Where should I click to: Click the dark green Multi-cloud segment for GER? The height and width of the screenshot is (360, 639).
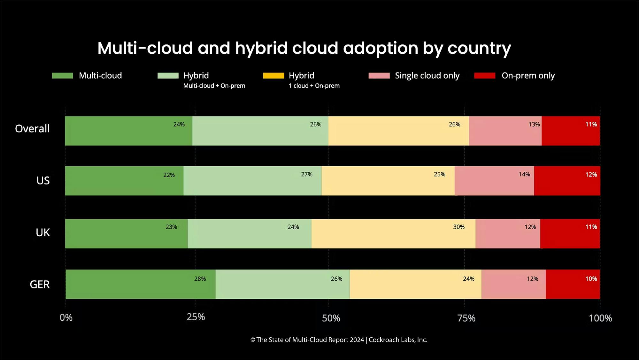click(x=141, y=284)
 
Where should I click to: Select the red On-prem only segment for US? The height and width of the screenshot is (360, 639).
click(x=567, y=181)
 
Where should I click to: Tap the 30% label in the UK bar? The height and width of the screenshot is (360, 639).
click(x=458, y=227)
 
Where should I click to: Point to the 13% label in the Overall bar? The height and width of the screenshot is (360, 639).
click(x=534, y=124)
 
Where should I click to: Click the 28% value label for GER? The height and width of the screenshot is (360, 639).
click(x=200, y=279)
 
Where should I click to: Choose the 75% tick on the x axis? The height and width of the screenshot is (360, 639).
click(x=466, y=318)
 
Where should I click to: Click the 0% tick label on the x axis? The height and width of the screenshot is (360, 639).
click(x=66, y=317)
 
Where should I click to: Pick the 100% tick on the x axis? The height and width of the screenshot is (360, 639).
click(x=600, y=318)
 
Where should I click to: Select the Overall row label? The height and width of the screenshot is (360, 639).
click(x=32, y=129)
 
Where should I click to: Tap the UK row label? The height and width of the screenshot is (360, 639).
click(x=43, y=232)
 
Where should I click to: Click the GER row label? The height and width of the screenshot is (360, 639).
click(x=40, y=284)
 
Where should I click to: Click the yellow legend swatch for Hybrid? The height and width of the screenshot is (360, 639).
click(x=273, y=75)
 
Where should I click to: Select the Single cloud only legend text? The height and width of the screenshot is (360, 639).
click(x=427, y=76)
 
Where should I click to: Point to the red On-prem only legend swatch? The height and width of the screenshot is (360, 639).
click(x=485, y=75)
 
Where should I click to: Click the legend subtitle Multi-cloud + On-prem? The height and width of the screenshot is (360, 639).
click(x=214, y=86)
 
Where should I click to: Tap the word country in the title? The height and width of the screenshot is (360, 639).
click(x=479, y=49)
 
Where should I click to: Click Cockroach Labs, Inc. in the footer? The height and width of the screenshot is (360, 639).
click(x=398, y=340)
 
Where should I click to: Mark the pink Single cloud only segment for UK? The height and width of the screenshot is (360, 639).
click(x=508, y=233)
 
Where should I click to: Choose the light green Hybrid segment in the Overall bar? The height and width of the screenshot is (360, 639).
click(x=260, y=131)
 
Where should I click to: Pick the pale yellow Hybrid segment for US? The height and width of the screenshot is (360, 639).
click(x=388, y=181)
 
